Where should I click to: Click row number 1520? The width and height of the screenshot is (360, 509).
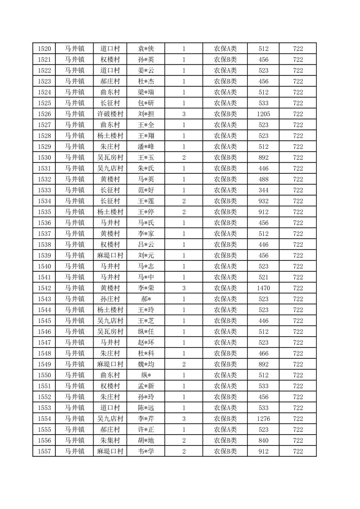tap(44, 49)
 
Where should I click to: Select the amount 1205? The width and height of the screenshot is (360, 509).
tap(263, 114)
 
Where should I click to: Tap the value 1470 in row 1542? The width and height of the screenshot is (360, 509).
tap(263, 288)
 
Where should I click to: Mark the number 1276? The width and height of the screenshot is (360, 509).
tap(263, 419)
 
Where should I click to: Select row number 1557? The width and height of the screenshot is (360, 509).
tap(44, 451)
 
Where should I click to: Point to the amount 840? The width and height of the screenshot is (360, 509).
tap(263, 440)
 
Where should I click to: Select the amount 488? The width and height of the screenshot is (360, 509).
tap(263, 179)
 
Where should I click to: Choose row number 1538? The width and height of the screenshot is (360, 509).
tap(44, 245)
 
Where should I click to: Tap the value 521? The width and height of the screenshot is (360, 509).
tap(263, 277)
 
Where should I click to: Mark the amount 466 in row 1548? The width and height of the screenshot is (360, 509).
tap(263, 353)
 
